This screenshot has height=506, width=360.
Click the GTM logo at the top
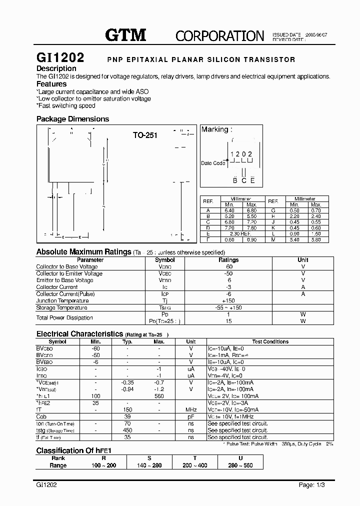coord(125,34)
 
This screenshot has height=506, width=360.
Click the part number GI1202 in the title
coord(60,58)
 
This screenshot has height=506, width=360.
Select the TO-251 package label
coord(145,135)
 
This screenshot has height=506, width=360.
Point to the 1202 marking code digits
coord(241,154)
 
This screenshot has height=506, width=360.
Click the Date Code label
coord(213,163)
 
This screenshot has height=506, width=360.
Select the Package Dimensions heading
coord(72,119)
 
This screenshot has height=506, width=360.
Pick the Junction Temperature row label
coord(62,300)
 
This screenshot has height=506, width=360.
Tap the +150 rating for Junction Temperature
coord(228,300)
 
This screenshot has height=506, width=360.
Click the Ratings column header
coord(228,260)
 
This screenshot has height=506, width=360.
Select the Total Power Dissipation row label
coord(64,317)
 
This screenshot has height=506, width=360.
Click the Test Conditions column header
coord(270,342)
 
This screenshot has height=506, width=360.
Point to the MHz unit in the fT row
coord(190,409)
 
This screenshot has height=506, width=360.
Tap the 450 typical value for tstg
coord(127,429)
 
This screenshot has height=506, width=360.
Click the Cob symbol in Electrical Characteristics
coord(41,416)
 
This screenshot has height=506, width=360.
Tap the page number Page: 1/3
coord(313,485)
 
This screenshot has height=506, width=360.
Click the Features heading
coord(51,84)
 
